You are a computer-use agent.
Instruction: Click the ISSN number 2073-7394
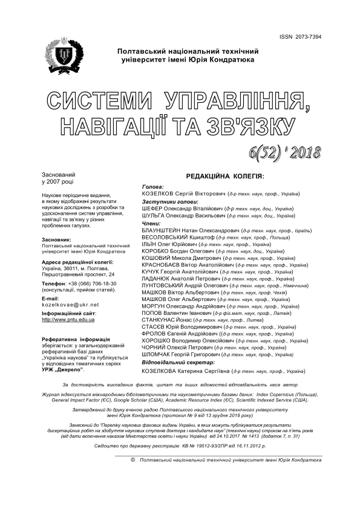click(318, 37)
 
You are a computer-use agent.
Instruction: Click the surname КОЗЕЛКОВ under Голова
click(158, 194)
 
